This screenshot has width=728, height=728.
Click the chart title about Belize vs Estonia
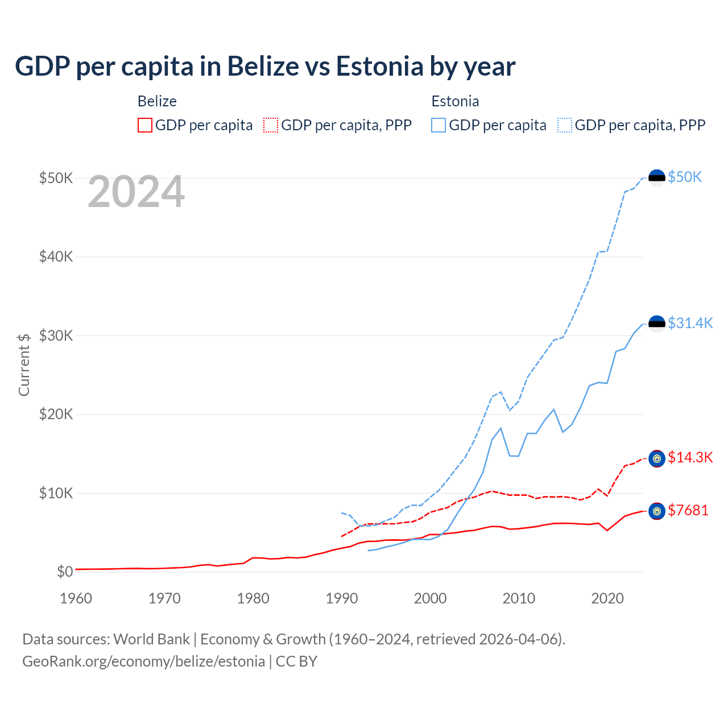(265, 67)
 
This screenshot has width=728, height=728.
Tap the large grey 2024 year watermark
(136, 192)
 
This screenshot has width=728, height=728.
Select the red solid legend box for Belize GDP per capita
(145, 125)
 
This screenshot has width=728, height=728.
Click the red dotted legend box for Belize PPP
(271, 125)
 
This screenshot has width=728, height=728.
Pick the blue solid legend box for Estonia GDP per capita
(439, 125)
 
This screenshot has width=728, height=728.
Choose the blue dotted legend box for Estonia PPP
(565, 125)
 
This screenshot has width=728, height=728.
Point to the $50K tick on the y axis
(56, 178)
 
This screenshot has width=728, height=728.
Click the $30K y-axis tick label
(56, 336)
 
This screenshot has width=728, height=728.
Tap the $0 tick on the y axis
(65, 572)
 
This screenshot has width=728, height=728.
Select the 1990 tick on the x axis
(342, 598)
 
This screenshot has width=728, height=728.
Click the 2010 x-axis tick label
(519, 598)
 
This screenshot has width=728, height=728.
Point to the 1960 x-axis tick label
(76, 598)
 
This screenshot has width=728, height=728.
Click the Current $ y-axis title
(24, 365)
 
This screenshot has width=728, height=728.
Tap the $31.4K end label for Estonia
(690, 323)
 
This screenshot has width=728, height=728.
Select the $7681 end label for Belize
(688, 510)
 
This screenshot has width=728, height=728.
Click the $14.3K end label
(690, 457)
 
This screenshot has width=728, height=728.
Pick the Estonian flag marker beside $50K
(657, 177)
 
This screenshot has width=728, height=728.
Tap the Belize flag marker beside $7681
(657, 511)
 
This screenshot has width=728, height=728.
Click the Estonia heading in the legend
(455, 101)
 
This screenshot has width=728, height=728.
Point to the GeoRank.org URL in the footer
(144, 661)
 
